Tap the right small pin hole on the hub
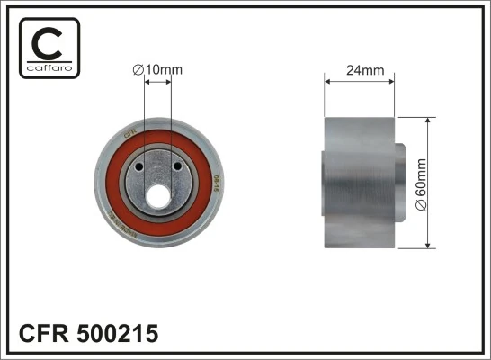pos(175,167)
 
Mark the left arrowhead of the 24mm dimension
pos(328,81)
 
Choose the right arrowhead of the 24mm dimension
pos(391,81)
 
